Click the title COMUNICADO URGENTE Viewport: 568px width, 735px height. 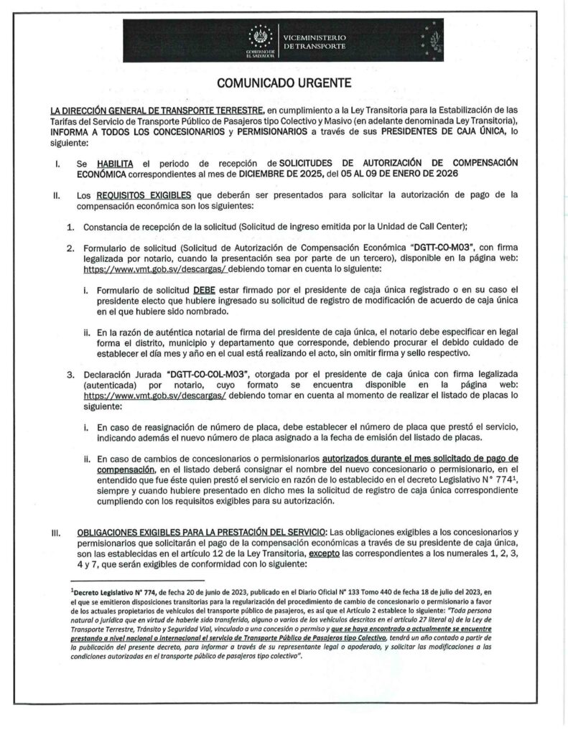pyautogui.click(x=284, y=83)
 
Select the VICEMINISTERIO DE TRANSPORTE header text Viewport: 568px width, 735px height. pyautogui.click(x=315, y=41)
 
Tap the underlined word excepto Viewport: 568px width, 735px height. pyautogui.click(x=324, y=554)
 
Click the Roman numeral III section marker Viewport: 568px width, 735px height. pyautogui.click(x=55, y=533)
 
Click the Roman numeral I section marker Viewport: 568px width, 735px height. pyautogui.click(x=55, y=164)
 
